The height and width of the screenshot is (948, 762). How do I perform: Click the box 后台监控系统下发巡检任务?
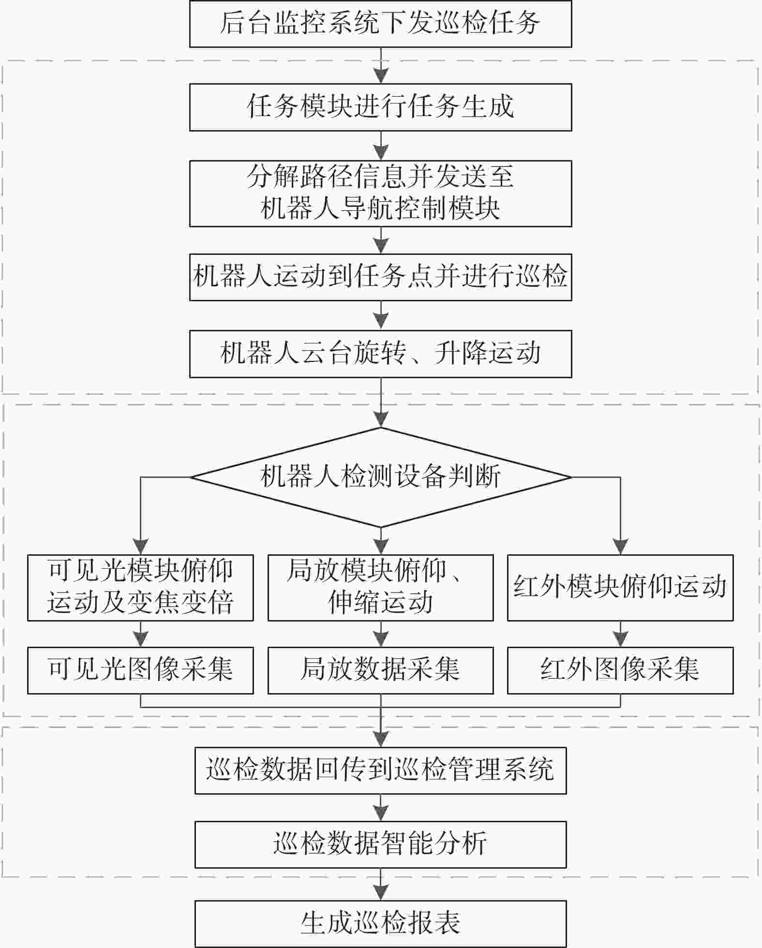[380, 24]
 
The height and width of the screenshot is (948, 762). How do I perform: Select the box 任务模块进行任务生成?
[380, 107]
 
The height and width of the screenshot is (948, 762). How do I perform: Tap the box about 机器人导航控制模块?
[380, 193]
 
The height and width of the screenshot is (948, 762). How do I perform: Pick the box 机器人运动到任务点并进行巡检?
[380, 277]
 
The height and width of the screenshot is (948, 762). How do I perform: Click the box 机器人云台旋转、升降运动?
[380, 354]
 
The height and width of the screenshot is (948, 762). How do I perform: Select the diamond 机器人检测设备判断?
[381, 477]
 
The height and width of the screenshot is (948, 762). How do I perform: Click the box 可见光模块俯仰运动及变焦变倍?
[140, 587]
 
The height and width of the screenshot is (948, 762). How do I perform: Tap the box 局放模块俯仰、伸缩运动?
[381, 587]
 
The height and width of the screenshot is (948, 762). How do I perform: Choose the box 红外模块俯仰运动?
[620, 587]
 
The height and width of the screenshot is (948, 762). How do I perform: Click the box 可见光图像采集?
[140, 670]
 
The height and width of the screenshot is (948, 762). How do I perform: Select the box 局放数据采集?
[381, 670]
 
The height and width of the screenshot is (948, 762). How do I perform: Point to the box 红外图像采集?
[620, 670]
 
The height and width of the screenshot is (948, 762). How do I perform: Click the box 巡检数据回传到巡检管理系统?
[381, 770]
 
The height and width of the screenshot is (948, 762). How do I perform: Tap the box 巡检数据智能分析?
[381, 844]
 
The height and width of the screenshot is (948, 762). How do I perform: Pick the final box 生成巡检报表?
[381, 923]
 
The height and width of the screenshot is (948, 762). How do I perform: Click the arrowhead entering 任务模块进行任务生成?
[381, 76]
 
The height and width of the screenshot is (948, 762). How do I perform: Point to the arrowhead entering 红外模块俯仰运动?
[620, 547]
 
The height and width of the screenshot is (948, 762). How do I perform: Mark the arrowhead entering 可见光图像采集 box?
[140, 639]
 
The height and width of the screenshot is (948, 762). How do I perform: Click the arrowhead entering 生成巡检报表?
[381, 893]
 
